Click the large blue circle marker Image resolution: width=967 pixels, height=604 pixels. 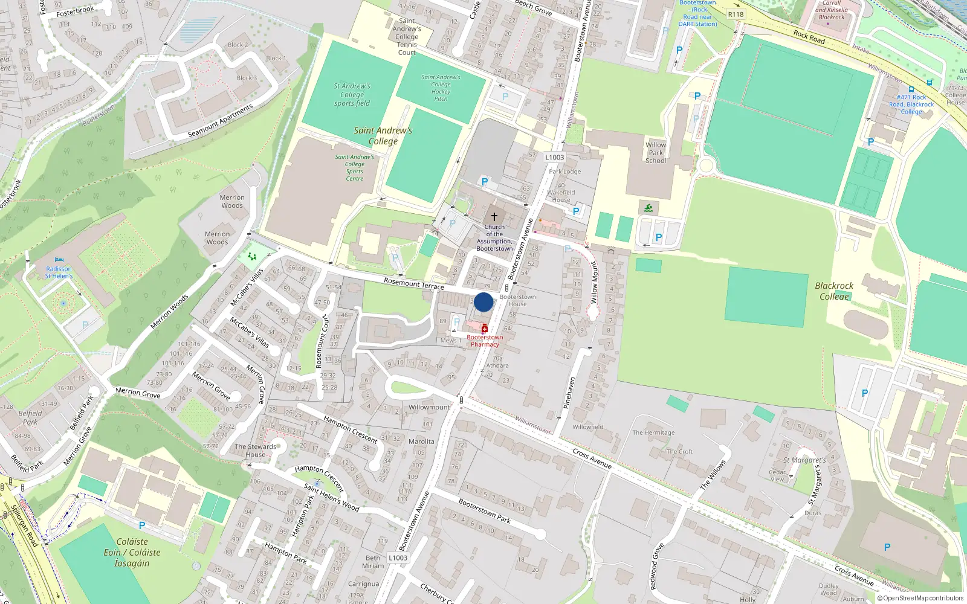(x=483, y=302)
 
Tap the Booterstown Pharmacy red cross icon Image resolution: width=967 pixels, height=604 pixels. (x=484, y=329)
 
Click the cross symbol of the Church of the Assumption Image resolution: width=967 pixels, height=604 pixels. (x=494, y=216)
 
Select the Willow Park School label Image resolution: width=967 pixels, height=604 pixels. (x=656, y=153)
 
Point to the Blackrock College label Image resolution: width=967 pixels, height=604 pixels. (x=834, y=291)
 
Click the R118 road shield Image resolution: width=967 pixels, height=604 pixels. (x=736, y=14)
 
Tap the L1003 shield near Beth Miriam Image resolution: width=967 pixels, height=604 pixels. (x=398, y=557)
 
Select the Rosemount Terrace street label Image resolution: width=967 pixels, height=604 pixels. (x=414, y=283)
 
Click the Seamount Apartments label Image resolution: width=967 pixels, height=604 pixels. (x=220, y=121)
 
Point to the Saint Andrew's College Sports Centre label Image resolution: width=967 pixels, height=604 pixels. (x=355, y=167)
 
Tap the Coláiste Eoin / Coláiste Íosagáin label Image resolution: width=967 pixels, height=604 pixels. (x=132, y=552)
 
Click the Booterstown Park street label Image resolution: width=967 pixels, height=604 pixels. (x=484, y=510)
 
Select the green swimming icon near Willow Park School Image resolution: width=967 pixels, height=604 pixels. (x=648, y=208)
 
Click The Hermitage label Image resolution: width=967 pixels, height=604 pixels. (x=653, y=432)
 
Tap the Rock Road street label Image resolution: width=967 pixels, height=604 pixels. (x=809, y=37)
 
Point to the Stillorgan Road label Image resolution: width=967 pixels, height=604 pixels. (x=24, y=526)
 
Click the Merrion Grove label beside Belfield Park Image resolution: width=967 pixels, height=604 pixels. (x=77, y=446)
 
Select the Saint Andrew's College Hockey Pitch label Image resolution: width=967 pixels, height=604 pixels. (x=441, y=88)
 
